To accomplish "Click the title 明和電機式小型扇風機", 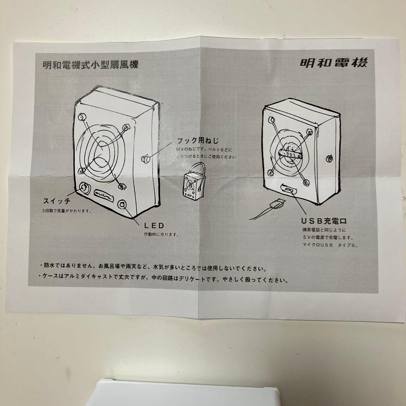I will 91,65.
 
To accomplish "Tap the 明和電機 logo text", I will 333,62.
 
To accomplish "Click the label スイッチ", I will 56,201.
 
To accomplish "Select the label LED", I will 154,226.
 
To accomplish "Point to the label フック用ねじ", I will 197,141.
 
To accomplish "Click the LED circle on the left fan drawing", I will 123,205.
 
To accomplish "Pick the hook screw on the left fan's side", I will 145,159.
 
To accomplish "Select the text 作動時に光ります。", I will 161,235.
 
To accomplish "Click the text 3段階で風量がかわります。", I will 67,211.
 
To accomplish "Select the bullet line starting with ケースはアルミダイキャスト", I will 164,280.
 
